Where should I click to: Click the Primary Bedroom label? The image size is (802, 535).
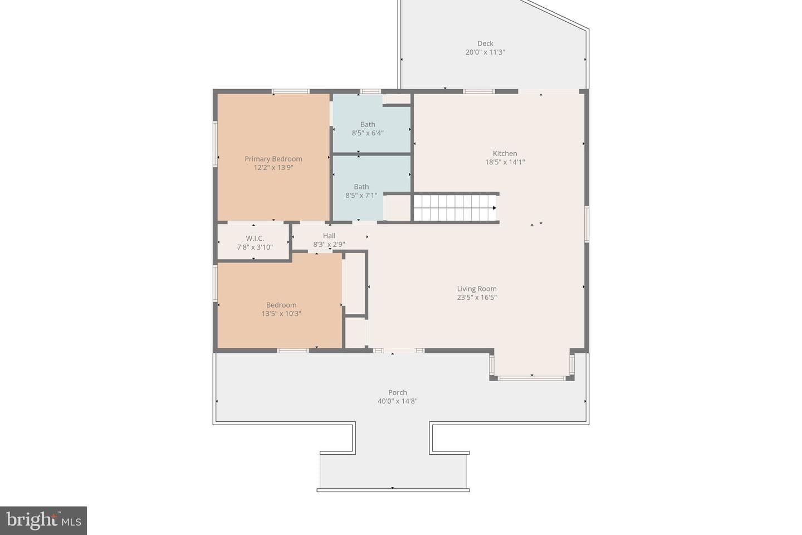(x=273, y=159)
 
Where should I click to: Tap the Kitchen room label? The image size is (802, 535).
(x=505, y=153)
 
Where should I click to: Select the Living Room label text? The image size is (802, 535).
(x=477, y=289)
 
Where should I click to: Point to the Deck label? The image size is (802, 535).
(x=485, y=43)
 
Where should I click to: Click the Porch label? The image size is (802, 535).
(x=398, y=392)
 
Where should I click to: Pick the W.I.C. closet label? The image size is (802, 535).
(x=255, y=239)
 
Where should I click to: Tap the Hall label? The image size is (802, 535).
(x=329, y=235)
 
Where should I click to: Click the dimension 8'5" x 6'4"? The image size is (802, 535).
(x=368, y=133)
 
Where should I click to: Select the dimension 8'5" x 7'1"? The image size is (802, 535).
(x=361, y=195)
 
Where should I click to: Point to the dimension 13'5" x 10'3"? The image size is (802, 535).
(x=281, y=314)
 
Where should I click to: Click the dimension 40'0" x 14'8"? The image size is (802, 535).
(x=398, y=401)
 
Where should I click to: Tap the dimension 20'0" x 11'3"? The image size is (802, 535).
(x=485, y=52)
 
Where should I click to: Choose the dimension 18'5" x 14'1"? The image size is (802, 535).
(x=505, y=162)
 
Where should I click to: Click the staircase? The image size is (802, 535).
(x=455, y=208)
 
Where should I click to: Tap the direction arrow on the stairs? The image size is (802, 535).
(x=495, y=208)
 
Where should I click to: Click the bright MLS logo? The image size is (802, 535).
(x=43, y=521)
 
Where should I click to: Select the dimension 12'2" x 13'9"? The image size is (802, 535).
(x=273, y=167)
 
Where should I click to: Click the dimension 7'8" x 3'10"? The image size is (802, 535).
(x=255, y=247)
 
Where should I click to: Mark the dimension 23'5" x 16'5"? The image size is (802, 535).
(x=477, y=297)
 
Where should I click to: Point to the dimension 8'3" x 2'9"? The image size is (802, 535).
(x=329, y=244)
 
